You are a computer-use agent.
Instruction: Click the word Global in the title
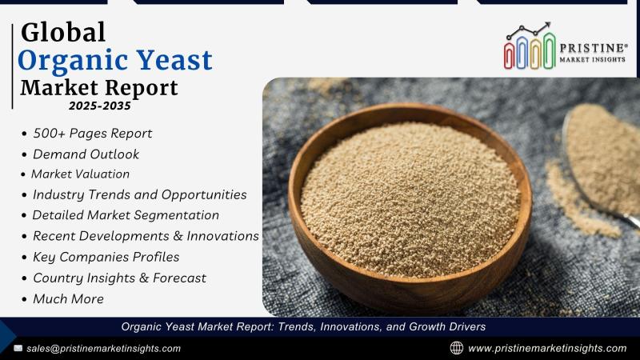(63, 32)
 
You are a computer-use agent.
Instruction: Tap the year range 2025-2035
(100, 106)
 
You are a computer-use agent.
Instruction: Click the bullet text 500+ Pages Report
(93, 134)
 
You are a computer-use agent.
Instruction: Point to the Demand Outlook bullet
(86, 154)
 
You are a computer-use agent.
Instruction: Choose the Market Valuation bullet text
(81, 174)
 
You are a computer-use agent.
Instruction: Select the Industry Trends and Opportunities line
(139, 194)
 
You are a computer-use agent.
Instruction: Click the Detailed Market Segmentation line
(126, 215)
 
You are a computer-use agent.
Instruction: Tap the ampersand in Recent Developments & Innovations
(178, 236)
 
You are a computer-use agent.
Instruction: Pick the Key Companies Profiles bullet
(106, 257)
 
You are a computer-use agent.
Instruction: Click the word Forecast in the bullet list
(179, 278)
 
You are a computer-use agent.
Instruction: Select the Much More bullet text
(68, 298)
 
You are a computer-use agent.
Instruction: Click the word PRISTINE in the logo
(593, 48)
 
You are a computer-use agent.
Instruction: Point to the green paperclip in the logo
(549, 50)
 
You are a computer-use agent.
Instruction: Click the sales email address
(104, 349)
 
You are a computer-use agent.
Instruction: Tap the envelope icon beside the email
(18, 348)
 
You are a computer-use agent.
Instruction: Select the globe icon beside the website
(456, 348)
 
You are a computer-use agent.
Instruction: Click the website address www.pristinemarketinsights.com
(547, 348)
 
